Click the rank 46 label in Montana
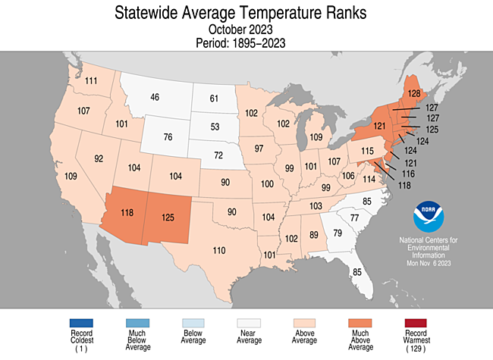pos(155,97)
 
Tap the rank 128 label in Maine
pos(414,94)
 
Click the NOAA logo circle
pos(429,217)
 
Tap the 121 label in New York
pos(380,126)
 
